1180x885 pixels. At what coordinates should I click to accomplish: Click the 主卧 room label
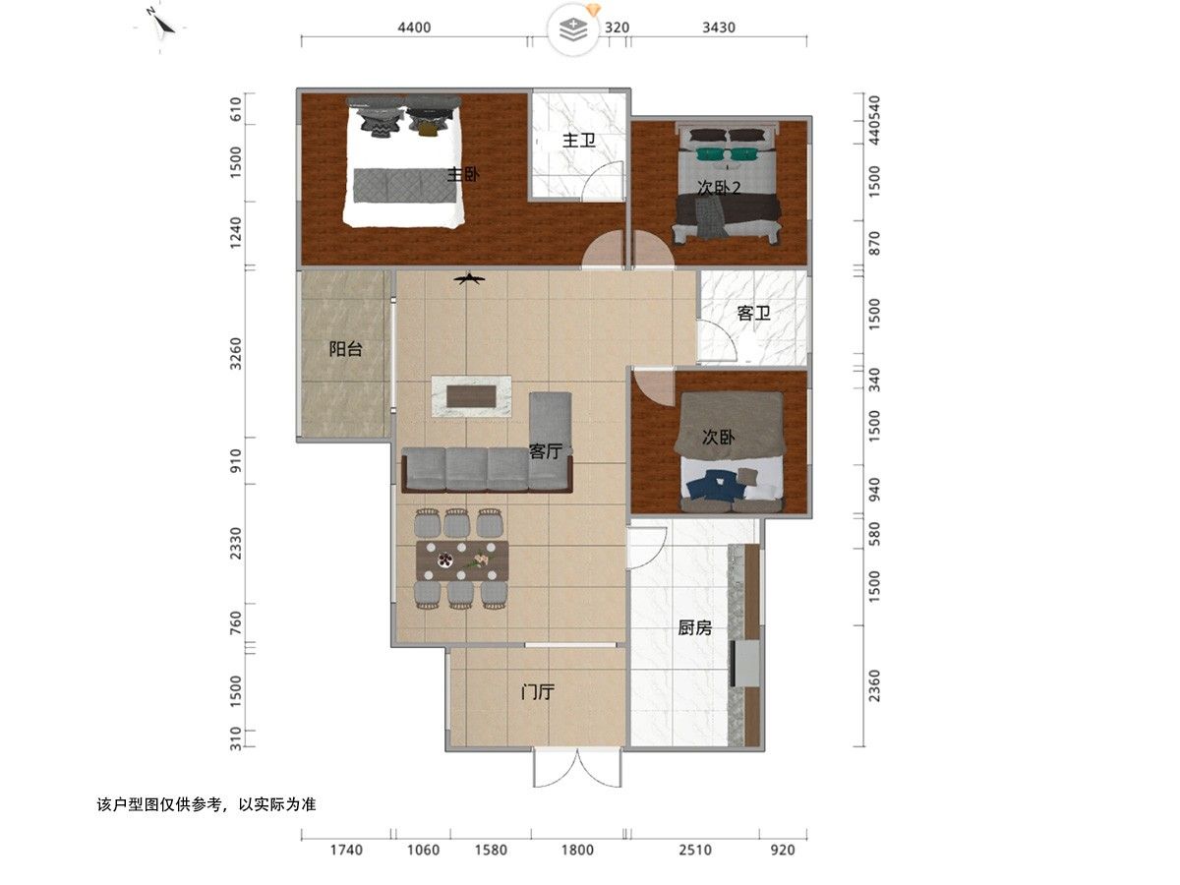pos(463,174)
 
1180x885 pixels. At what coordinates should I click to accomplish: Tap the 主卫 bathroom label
pos(578,141)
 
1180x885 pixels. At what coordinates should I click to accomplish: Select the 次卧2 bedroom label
pos(719,188)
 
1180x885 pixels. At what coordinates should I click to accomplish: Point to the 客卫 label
pos(753,313)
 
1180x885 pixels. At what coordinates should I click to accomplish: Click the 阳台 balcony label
pos(345,349)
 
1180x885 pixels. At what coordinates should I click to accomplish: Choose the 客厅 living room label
pos(546,450)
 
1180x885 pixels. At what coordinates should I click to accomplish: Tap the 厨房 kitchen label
pos(694,627)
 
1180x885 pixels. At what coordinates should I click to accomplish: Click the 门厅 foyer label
pos(537,691)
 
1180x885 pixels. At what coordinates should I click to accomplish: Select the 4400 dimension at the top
pos(414,28)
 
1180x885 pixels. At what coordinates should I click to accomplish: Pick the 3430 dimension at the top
pos(719,28)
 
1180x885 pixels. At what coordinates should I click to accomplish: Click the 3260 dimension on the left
pos(236,354)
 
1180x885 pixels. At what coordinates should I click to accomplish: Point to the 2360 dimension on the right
pos(874,685)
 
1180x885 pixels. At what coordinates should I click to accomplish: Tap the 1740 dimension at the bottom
pos(346,850)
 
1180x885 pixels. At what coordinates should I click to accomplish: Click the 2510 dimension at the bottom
pos(695,850)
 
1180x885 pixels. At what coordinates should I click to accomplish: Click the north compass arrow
pos(160,25)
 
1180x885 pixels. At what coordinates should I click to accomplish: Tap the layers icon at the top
pos(573,29)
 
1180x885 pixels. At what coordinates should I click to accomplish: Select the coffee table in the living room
pos(471,396)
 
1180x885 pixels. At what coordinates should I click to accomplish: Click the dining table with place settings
pos(462,560)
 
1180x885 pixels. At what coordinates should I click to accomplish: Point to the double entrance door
pos(577,768)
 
